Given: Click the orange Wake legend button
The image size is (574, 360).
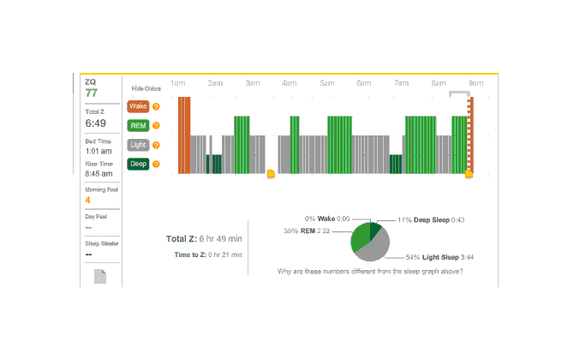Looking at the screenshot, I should (x=137, y=107).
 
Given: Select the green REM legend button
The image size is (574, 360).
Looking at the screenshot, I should (x=137, y=126).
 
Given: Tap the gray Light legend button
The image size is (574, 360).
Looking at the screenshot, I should (x=137, y=145).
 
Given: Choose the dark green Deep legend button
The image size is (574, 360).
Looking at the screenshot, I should (x=137, y=164).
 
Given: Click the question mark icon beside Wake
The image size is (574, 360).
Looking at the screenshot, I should (x=156, y=107).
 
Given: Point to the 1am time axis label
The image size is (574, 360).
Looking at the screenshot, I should (x=178, y=83).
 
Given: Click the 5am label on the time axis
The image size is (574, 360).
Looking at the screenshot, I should (x=327, y=83).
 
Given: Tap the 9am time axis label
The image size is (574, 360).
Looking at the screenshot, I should (x=476, y=83).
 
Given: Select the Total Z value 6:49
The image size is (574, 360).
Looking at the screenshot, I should (x=95, y=123).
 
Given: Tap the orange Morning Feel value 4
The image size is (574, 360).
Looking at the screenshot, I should (x=87, y=201).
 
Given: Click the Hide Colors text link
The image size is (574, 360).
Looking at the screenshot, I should (x=146, y=88).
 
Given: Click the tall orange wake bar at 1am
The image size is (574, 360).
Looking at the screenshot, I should (x=184, y=135).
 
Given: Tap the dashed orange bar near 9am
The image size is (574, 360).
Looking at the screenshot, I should (x=469, y=135).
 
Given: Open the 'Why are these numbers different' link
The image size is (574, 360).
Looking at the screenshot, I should (x=371, y=272).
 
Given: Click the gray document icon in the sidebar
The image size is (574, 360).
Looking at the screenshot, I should (x=100, y=277).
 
